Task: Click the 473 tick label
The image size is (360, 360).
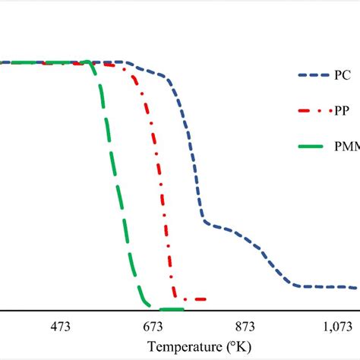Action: pyautogui.click(x=61, y=327)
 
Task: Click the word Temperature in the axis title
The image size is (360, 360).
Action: pyautogui.click(x=185, y=347)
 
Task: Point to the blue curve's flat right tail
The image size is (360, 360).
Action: pyautogui.click(x=327, y=287)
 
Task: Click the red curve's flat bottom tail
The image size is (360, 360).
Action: pyautogui.click(x=193, y=299)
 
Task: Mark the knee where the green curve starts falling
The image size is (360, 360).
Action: pyautogui.click(x=92, y=66)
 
